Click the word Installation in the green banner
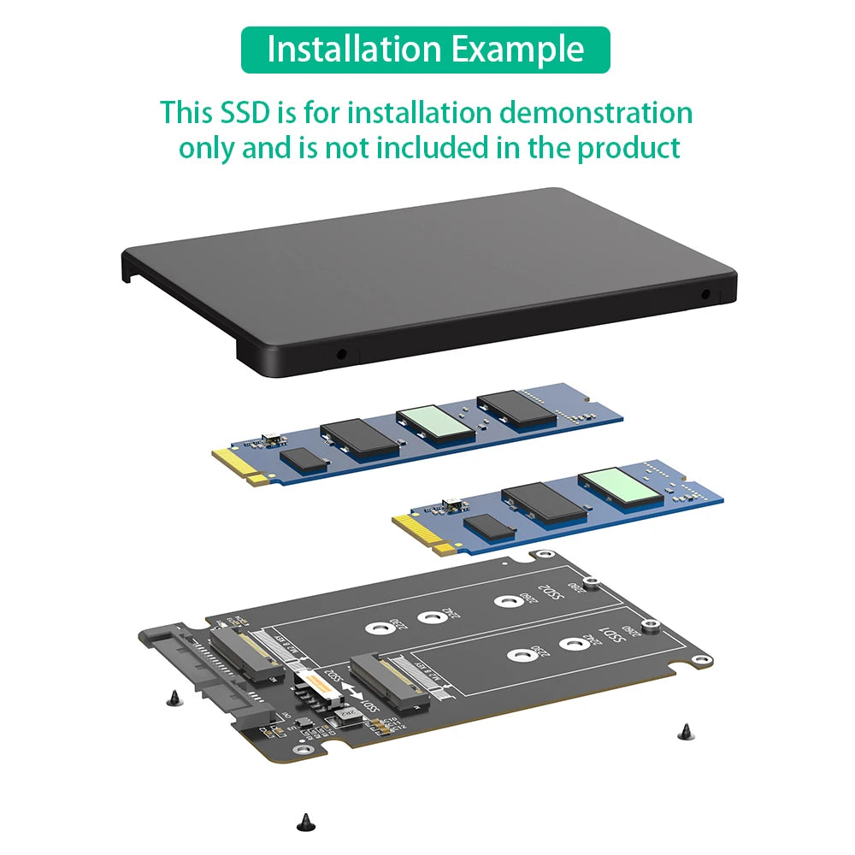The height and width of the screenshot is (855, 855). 355,50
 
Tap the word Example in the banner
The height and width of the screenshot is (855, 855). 519,50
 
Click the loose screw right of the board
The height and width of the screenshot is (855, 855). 684,732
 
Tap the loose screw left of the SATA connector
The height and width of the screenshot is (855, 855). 175,698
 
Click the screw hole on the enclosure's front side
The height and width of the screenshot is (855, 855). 342,352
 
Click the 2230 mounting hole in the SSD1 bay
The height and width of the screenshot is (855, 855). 516,657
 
